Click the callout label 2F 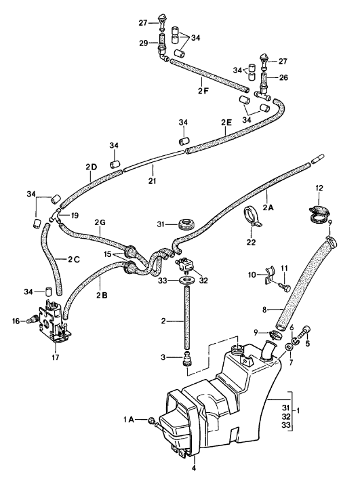pyautogui.click(x=203, y=91)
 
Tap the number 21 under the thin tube pyautogui.click(x=152, y=181)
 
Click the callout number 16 pyautogui.click(x=16, y=321)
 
